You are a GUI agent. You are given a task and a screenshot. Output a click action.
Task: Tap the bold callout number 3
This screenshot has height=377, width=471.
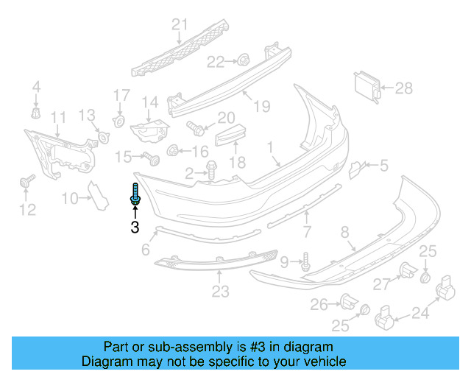click(x=135, y=228)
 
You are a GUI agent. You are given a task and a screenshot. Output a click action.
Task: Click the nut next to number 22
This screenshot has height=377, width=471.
click(x=243, y=60)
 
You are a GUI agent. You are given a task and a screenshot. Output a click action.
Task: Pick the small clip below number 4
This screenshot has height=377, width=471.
click(x=35, y=113)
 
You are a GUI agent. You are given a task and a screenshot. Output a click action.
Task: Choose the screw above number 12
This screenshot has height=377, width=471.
click(x=29, y=181)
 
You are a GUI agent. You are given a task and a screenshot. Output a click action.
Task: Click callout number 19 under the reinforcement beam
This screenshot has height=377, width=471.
click(x=261, y=107)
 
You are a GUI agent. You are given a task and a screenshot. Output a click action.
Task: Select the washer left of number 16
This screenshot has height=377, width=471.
click(x=174, y=151)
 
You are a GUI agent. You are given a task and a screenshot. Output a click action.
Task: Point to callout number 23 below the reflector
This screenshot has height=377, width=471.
click(x=220, y=292)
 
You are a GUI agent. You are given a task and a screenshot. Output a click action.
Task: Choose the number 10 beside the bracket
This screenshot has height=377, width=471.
click(x=69, y=197)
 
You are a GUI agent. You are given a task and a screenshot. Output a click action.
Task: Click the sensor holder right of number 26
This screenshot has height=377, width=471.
click(x=349, y=300)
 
